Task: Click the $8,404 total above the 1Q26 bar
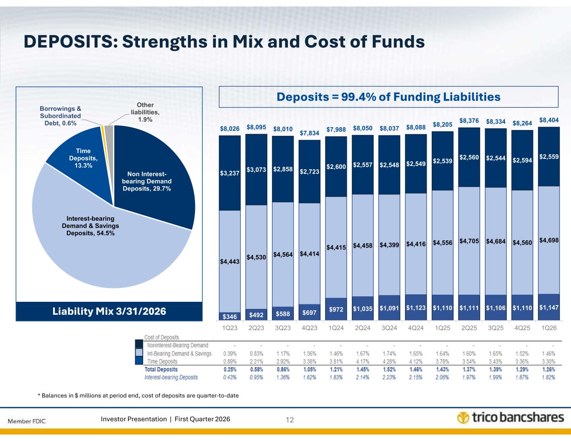click(x=548, y=120)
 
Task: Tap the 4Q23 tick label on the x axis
click(x=309, y=329)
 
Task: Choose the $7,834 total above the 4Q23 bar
click(x=309, y=133)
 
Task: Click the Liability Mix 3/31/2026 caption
click(x=110, y=311)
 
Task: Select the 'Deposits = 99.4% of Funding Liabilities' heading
click(x=389, y=97)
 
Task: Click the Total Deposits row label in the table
click(x=161, y=370)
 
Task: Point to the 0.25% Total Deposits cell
click(x=230, y=370)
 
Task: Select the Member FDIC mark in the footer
click(x=27, y=420)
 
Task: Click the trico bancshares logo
click(x=510, y=418)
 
